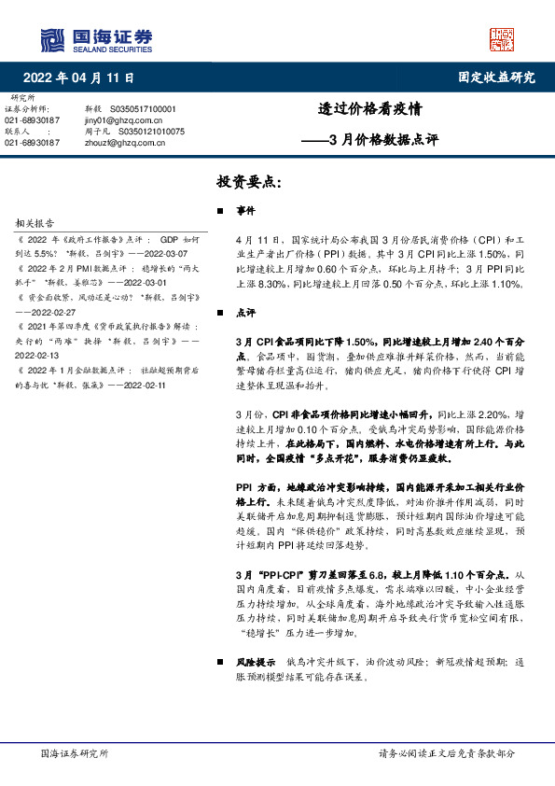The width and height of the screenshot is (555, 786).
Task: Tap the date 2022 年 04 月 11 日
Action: coord(77,77)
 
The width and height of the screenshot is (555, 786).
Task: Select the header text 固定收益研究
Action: coord(496,77)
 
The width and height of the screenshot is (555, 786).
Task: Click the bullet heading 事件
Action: coord(246,212)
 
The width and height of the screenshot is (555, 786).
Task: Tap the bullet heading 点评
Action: coord(246,314)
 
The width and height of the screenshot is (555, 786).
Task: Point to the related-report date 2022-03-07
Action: coord(164,253)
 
